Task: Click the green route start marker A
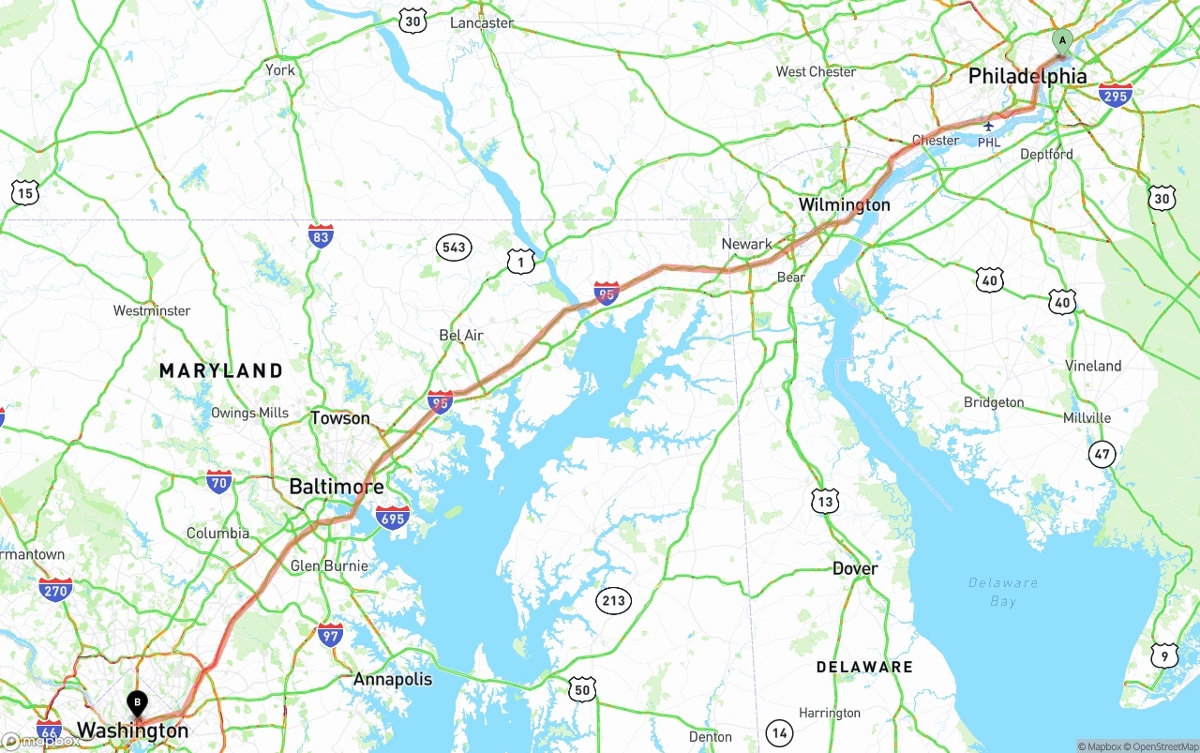coord(1061,40)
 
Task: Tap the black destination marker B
coord(137,701)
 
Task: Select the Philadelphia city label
coord(1027,76)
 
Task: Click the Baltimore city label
coord(336,487)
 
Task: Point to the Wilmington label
coord(844,204)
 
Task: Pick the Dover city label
coord(855,568)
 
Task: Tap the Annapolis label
coord(393,679)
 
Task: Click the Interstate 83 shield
coord(321,236)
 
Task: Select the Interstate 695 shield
coord(392,517)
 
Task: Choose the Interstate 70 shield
coord(219,482)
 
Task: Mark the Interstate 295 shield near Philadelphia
coord(1115,95)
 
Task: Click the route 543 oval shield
coord(453,248)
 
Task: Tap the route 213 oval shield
coord(613,601)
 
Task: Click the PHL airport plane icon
coord(988,125)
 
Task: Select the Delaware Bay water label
coord(1002,592)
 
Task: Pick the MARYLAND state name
coord(220,370)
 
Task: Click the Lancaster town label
coord(482,23)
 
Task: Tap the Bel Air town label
coord(461,335)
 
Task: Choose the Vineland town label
coord(1093,366)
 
